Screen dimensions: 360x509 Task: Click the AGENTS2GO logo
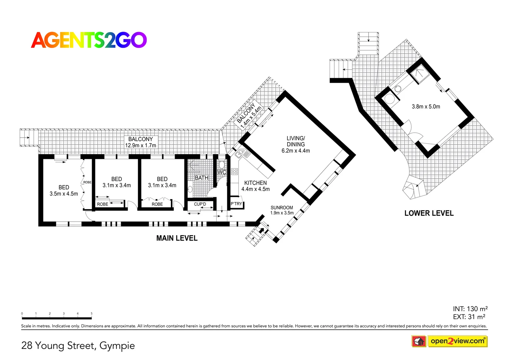89,40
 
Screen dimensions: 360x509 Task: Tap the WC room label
222,172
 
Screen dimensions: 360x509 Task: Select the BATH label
201,178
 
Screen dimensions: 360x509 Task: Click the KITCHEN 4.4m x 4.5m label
256,186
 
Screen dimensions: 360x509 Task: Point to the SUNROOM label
282,210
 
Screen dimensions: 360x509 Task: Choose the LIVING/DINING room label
296,144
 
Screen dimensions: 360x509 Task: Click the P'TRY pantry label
236,204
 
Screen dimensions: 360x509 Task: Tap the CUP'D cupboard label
200,204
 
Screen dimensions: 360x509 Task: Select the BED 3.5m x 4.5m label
64,190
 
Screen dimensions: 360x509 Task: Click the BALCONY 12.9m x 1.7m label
140,142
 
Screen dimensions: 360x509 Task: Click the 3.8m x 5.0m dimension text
426,107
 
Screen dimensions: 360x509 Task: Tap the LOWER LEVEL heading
429,213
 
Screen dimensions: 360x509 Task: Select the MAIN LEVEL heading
177,238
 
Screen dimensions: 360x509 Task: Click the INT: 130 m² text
470,309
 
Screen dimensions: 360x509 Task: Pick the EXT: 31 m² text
469,317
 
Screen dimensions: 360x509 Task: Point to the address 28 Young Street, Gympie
78,346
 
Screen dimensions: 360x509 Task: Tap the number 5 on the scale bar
91,314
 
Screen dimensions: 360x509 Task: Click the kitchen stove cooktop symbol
234,172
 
